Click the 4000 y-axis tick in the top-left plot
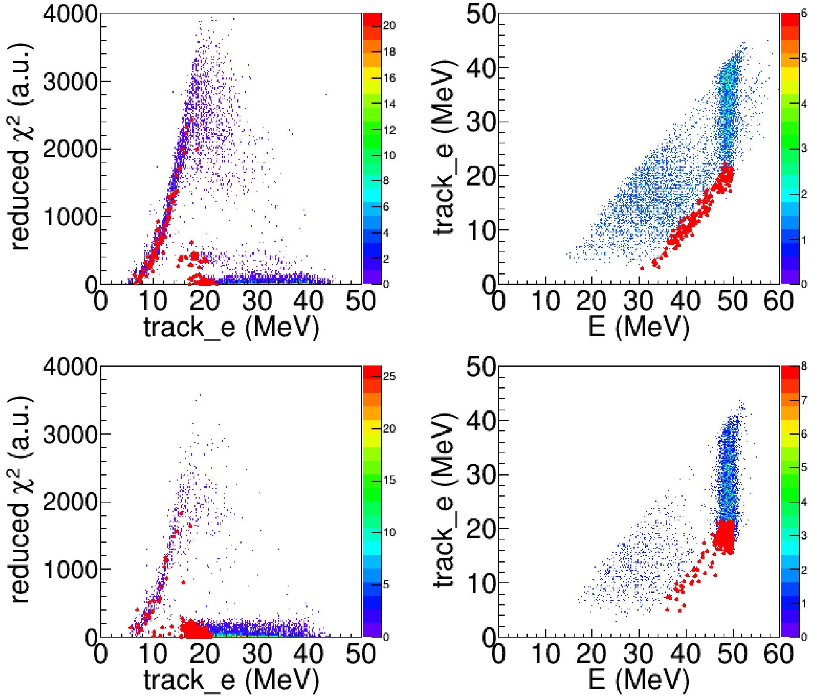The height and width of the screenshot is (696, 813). coord(70,15)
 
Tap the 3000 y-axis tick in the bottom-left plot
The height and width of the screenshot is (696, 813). coord(70,434)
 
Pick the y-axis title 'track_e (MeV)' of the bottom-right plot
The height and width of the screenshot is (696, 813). coord(444,501)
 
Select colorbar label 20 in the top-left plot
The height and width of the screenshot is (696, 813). coord(389,26)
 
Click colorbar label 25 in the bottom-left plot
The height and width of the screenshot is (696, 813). coord(389,377)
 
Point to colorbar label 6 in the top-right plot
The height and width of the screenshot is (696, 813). coord(804,14)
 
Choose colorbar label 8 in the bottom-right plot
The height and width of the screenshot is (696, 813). coord(804,366)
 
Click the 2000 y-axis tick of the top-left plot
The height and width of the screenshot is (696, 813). coord(70,149)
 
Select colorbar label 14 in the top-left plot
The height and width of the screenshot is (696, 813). coord(389,104)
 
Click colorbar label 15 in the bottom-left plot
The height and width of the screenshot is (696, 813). coord(389,480)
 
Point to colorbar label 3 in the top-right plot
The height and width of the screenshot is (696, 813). coord(804,149)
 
